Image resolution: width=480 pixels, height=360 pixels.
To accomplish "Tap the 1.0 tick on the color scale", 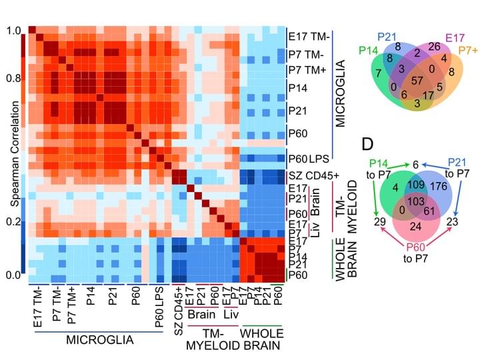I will pyautogui.click(x=13, y=31).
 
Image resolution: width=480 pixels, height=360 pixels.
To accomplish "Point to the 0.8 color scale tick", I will pyautogui.click(x=13, y=77).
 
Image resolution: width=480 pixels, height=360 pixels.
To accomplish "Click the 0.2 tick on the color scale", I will pyautogui.click(x=13, y=222).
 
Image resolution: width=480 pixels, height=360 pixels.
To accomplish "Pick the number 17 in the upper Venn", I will pyautogui.click(x=428, y=95).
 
